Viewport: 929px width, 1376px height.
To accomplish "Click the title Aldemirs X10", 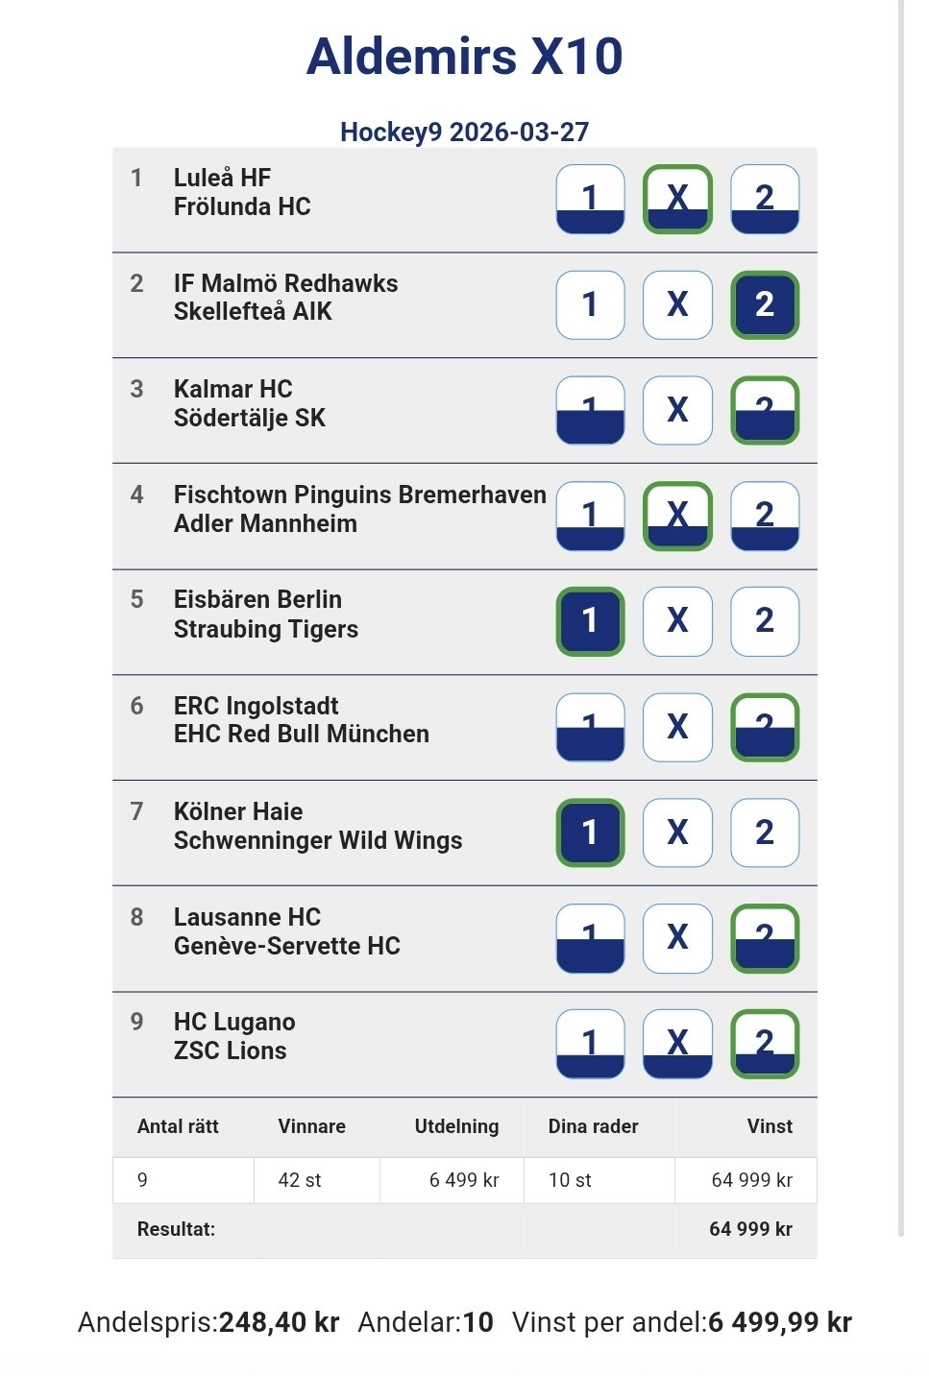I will [x=464, y=56].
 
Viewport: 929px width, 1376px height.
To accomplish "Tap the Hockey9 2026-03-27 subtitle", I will [x=464, y=132].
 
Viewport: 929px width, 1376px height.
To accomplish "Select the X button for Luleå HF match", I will [x=677, y=199].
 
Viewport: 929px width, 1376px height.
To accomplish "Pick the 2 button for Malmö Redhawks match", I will [x=765, y=304].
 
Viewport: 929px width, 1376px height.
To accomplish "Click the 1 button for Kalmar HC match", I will [x=590, y=410].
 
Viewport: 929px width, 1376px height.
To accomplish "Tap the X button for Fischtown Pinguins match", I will [x=677, y=516].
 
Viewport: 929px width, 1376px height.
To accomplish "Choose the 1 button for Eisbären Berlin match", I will [x=590, y=621].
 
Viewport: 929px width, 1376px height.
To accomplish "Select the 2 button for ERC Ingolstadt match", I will [x=765, y=727].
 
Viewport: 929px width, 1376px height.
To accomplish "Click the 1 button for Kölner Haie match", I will [x=590, y=833].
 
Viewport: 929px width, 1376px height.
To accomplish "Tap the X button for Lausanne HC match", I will [x=677, y=937].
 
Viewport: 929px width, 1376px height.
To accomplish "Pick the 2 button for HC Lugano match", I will [x=765, y=1043].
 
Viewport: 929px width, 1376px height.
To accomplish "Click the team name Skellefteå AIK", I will [x=253, y=311].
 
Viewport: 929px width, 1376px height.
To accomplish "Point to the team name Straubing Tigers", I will [x=266, y=629].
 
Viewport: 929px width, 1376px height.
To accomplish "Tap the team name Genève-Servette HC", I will [x=286, y=946].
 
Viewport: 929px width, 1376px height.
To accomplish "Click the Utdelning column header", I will [x=456, y=1126].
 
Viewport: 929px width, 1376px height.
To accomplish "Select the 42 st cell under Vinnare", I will [x=300, y=1180].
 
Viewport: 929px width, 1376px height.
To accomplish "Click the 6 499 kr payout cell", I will [x=464, y=1180].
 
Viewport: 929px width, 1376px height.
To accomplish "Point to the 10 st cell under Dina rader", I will [x=570, y=1180].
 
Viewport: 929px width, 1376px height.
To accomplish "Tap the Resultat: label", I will [x=176, y=1229].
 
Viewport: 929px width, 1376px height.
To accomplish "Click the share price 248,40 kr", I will [x=279, y=1322].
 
